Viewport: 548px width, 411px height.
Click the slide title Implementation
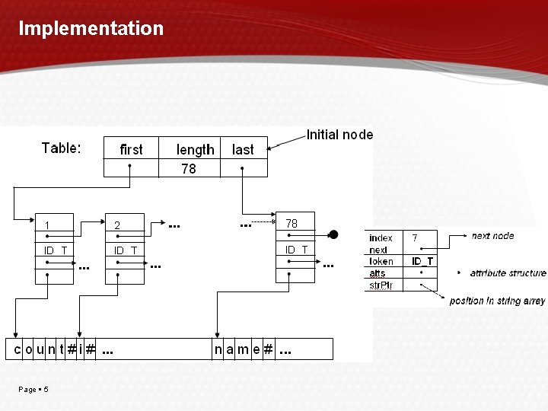pyautogui.click(x=91, y=29)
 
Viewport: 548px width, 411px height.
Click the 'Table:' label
pyautogui.click(x=61, y=148)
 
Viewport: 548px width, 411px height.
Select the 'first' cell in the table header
pyautogui.click(x=131, y=149)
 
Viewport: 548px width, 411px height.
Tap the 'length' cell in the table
pyautogui.click(x=195, y=150)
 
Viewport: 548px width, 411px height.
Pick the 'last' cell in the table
pyautogui.click(x=243, y=150)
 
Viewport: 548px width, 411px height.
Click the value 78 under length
pyautogui.click(x=188, y=169)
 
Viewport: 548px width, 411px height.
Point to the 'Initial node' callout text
pyautogui.click(x=339, y=135)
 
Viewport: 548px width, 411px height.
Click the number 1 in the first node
pyautogui.click(x=47, y=225)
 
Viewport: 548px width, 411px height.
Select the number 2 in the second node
pyautogui.click(x=117, y=225)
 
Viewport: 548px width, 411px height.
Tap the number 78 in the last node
pyautogui.click(x=292, y=224)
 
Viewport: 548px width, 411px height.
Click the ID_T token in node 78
pyautogui.click(x=296, y=250)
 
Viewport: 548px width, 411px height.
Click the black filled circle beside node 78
pyautogui.click(x=333, y=234)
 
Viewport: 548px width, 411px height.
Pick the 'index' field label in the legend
pyautogui.click(x=381, y=238)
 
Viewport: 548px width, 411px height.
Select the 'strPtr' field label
pyautogui.click(x=381, y=285)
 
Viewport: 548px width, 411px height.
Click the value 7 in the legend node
pyautogui.click(x=415, y=238)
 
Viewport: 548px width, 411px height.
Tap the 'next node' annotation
pyautogui.click(x=492, y=236)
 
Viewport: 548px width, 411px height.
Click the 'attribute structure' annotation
pyautogui.click(x=508, y=272)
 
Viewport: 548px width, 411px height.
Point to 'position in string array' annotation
pyautogui.click(x=497, y=301)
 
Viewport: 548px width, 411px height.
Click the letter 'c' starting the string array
pyautogui.click(x=18, y=349)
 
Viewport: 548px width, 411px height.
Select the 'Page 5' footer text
pyautogui.click(x=33, y=390)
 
